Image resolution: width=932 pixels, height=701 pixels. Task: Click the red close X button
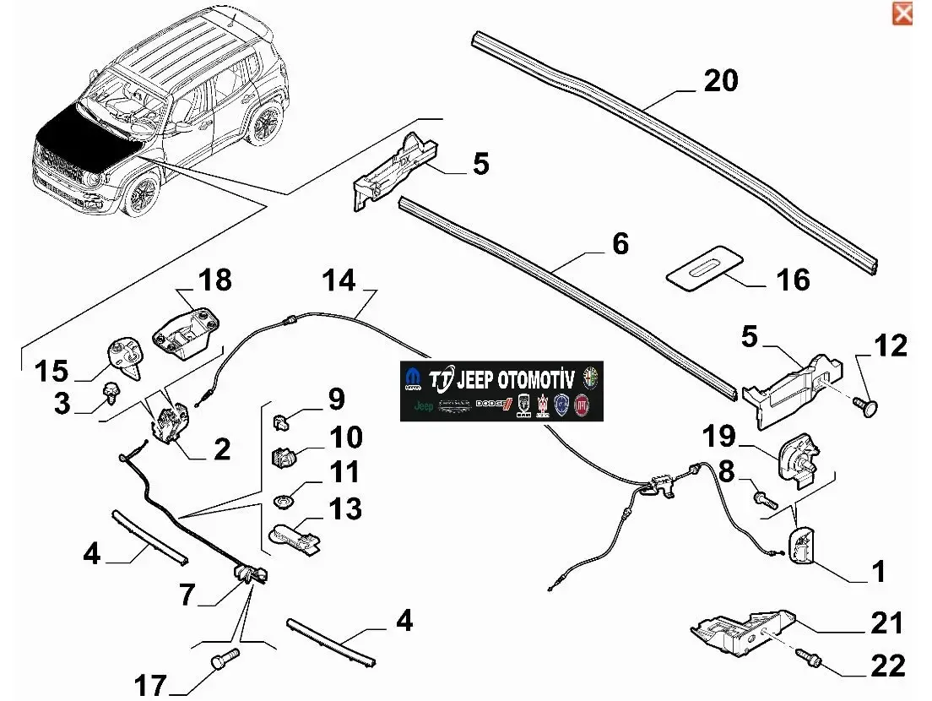coord(902,14)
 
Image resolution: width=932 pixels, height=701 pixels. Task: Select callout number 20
coord(720,80)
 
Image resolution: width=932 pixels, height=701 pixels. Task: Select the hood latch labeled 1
coord(802,543)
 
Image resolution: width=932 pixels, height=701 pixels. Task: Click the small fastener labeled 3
coord(109,392)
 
